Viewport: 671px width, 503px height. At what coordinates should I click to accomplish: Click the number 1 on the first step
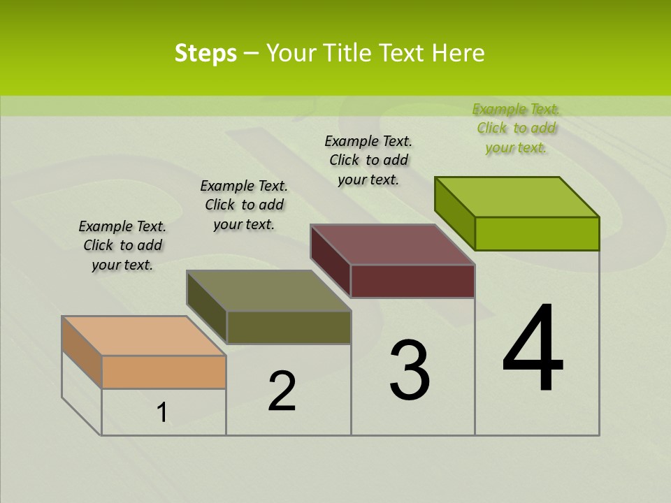tap(162, 413)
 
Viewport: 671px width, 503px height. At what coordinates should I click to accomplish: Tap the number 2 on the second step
tap(282, 391)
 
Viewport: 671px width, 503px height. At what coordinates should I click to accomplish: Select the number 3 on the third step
tap(410, 370)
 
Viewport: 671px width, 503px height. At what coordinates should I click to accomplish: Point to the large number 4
tap(533, 349)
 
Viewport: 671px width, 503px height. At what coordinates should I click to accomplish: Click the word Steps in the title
tap(205, 53)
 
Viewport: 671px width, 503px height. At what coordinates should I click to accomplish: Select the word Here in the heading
tap(459, 53)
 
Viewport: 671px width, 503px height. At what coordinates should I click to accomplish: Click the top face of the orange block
tap(145, 336)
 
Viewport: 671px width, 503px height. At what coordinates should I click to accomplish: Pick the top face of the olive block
tap(269, 291)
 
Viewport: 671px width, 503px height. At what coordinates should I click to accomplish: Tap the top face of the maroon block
tap(393, 245)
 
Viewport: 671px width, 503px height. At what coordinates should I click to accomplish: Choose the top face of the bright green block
tap(517, 197)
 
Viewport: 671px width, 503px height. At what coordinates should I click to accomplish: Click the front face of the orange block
tap(164, 372)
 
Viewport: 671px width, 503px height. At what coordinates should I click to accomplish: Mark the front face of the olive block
tap(289, 327)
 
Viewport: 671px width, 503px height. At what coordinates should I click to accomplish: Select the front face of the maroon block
tap(412, 281)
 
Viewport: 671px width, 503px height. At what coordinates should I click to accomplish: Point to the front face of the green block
tap(537, 233)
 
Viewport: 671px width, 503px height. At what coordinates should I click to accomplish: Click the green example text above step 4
tap(516, 129)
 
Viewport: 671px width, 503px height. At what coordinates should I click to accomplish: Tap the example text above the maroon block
tap(368, 160)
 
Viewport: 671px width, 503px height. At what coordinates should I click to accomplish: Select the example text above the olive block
tap(244, 205)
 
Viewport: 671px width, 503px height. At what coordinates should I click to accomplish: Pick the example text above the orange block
tap(122, 245)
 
